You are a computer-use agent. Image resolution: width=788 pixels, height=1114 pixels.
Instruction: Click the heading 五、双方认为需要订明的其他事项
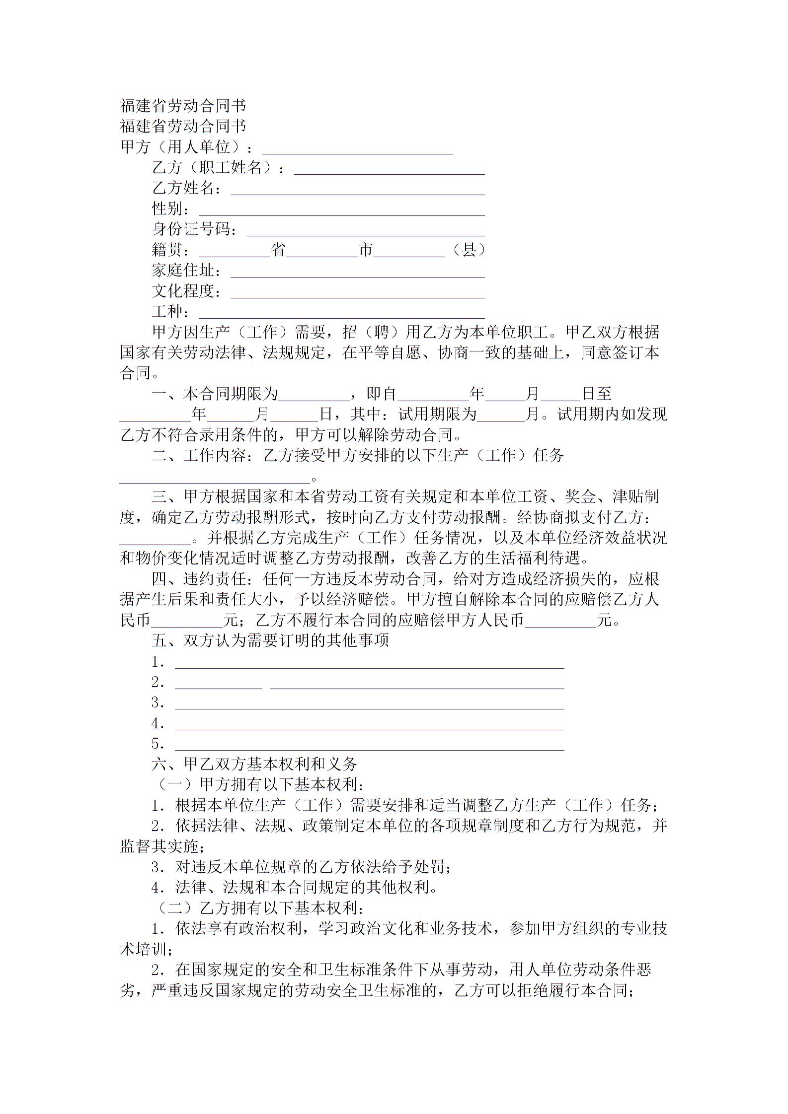270,641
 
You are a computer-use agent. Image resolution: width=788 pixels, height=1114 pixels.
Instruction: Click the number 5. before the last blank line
158,744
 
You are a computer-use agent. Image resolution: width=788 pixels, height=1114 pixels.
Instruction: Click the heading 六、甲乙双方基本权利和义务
254,764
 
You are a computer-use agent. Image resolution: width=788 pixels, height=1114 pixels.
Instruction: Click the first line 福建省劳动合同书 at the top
183,106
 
